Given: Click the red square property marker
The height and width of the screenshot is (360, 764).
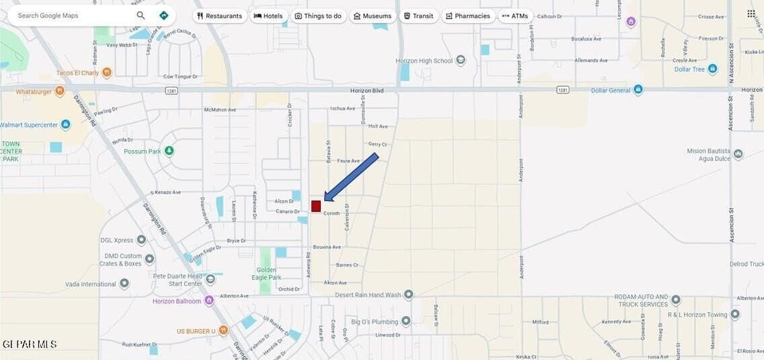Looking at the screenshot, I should [316, 206].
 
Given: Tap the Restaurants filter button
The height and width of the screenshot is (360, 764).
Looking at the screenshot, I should [219, 16].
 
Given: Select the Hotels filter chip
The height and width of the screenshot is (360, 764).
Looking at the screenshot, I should [268, 16].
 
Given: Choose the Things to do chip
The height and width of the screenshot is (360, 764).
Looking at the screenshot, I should [318, 16].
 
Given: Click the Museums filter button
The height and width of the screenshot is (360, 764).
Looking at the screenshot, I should [372, 16].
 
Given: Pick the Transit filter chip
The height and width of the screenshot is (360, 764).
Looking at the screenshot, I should [418, 16].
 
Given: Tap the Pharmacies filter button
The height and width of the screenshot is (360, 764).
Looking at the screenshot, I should [467, 16].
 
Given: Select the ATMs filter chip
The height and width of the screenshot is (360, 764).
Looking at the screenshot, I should [515, 16].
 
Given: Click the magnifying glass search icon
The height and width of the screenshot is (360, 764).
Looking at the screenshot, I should [141, 15].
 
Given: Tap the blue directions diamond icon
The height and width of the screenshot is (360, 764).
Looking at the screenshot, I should [163, 15].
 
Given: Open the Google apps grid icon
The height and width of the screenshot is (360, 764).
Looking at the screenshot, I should [751, 13].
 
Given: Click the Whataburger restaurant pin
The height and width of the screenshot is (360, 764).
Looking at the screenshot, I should [60, 91].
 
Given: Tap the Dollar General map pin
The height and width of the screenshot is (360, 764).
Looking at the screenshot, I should [638, 89].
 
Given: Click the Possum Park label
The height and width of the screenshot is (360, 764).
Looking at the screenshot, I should [143, 151].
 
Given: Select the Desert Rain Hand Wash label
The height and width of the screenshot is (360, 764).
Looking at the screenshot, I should [369, 295].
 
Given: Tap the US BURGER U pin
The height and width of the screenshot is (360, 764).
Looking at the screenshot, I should [223, 330].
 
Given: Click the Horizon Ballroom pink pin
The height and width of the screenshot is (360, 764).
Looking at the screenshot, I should [209, 300].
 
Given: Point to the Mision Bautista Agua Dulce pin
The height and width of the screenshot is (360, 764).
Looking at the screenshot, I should [738, 154].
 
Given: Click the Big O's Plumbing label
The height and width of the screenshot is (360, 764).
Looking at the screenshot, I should [375, 322].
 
